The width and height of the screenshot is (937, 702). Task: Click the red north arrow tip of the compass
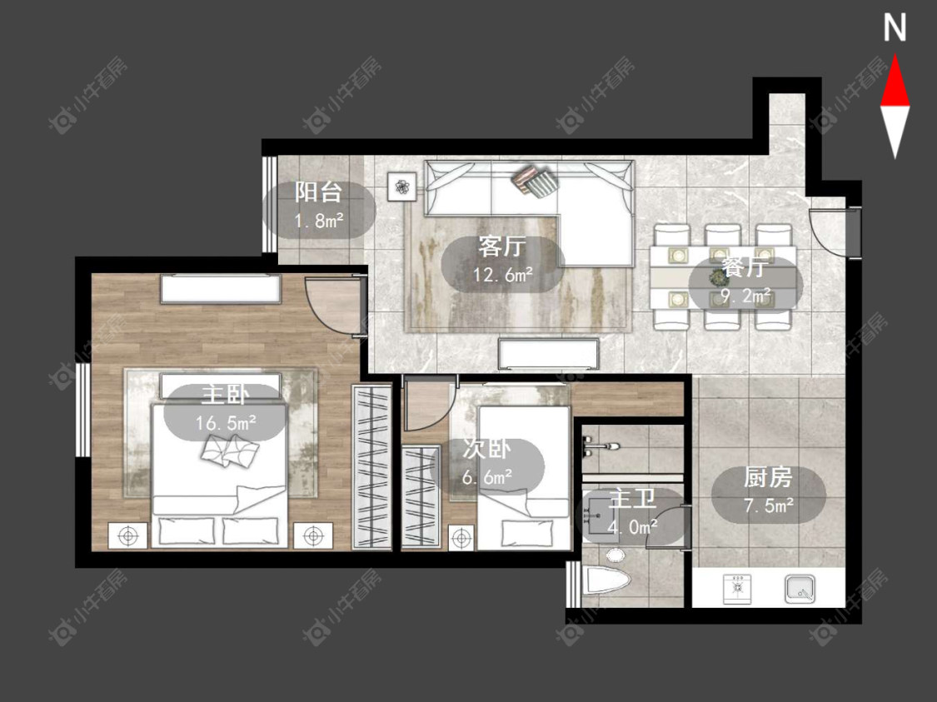click(895, 56)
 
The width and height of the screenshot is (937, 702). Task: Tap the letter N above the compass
click(895, 27)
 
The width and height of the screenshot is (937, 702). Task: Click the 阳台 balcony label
click(318, 192)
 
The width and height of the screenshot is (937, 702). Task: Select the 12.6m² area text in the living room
click(503, 275)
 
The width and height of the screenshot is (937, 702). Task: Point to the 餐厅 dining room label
click(744, 267)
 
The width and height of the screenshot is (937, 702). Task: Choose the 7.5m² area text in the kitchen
click(769, 506)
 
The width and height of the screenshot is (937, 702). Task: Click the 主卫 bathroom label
click(632, 499)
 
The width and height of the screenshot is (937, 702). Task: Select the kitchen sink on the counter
click(800, 589)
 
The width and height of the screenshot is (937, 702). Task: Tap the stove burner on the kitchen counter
click(737, 589)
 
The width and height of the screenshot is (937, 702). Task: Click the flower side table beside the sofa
click(401, 187)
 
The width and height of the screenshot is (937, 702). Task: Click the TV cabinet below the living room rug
click(548, 354)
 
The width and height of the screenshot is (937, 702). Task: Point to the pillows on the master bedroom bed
click(230, 451)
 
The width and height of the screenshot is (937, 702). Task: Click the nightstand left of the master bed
click(128, 536)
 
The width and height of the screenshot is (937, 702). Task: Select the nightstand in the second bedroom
click(461, 538)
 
